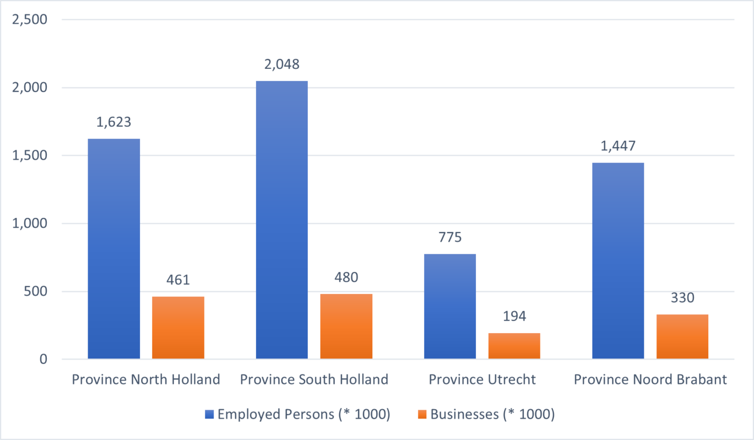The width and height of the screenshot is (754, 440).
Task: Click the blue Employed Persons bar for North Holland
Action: click(114, 249)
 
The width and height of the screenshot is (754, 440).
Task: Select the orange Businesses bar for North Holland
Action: click(178, 328)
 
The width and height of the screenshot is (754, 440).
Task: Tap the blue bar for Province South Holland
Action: click(282, 220)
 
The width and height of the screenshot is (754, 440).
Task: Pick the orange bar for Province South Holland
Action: click(346, 326)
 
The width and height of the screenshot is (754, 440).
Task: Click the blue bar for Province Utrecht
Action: click(450, 307)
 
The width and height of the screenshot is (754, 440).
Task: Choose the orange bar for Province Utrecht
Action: click(514, 346)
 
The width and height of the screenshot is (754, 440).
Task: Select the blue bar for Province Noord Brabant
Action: click(618, 261)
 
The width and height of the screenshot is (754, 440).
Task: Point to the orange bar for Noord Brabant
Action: click(682, 336)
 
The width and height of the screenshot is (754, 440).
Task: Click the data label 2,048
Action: click(282, 65)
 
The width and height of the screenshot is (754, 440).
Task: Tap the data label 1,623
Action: click(114, 122)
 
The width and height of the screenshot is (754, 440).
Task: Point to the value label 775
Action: click(450, 238)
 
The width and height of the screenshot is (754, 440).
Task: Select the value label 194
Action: click(514, 316)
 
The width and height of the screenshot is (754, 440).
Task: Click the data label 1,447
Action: click(618, 146)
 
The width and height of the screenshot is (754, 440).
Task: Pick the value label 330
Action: click(682, 298)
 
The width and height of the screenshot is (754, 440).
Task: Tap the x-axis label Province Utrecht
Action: click(482, 380)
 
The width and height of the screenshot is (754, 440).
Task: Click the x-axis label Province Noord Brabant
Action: click(650, 380)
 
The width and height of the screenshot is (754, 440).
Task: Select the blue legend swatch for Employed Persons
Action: click(208, 414)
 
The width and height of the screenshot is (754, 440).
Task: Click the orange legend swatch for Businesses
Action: click(422, 414)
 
